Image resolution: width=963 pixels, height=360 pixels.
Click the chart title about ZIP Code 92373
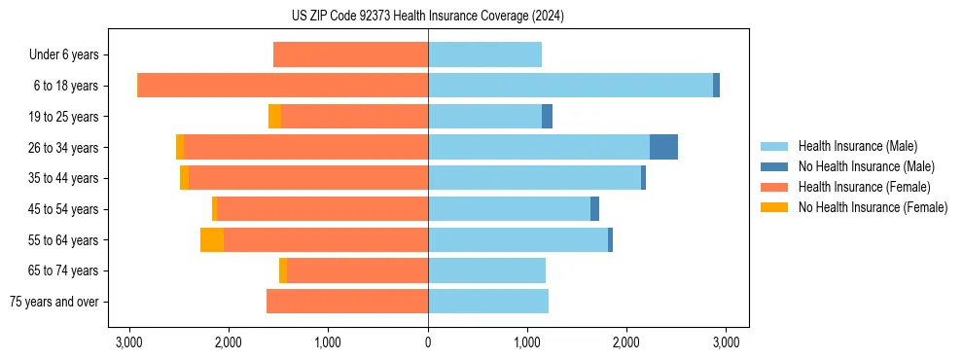(x=427, y=16)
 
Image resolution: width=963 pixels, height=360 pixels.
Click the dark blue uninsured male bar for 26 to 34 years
(x=663, y=147)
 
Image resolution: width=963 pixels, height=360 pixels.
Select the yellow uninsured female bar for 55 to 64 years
(x=212, y=239)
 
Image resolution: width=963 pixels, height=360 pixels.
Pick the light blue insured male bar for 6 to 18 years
(x=570, y=86)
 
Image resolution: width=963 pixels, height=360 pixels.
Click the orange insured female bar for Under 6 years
(x=350, y=54)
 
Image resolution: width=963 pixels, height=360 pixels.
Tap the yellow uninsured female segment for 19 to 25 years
(x=275, y=117)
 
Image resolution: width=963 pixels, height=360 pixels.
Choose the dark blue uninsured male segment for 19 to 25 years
(x=547, y=117)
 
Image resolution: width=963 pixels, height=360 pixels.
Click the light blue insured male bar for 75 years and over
(x=487, y=302)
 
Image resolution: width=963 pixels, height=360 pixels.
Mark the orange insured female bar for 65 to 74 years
(x=357, y=270)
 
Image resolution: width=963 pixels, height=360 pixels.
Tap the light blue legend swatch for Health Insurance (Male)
(x=774, y=146)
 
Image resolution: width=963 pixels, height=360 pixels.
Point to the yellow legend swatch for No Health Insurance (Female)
(x=774, y=207)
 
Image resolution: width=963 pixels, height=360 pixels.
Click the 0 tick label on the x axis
(x=428, y=342)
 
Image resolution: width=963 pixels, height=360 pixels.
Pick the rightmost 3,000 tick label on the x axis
(x=725, y=342)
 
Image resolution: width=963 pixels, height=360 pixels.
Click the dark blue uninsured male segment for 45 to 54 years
(x=594, y=209)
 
